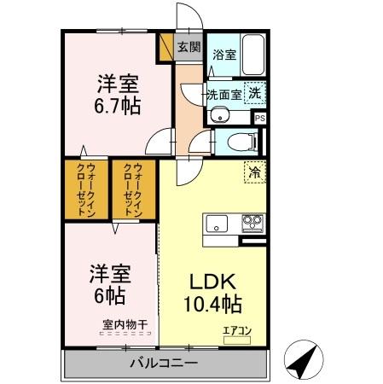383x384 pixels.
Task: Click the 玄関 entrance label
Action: pyautogui.click(x=189, y=48)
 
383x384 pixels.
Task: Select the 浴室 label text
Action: pyautogui.click(x=223, y=53)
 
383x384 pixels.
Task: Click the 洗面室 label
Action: pyautogui.click(x=223, y=94)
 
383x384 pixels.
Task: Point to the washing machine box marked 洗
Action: pyautogui.click(x=255, y=92)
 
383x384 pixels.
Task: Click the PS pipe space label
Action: pyautogui.click(x=260, y=119)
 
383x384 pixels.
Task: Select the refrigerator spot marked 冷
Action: pyautogui.click(x=254, y=172)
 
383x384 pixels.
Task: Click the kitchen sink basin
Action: pyautogui.click(x=215, y=224)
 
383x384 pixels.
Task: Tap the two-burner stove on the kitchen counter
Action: pyautogui.click(x=252, y=224)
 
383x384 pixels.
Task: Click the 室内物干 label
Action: pyautogui.click(x=125, y=323)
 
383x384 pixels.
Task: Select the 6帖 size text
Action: pyautogui.click(x=107, y=296)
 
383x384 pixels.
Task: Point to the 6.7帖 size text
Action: pyautogui.click(x=118, y=107)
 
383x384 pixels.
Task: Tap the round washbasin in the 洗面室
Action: pyautogui.click(x=213, y=118)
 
